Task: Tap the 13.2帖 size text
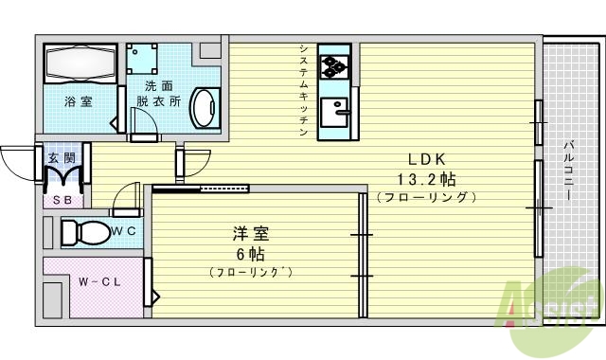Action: click(x=421, y=178)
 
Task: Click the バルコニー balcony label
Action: click(x=566, y=171)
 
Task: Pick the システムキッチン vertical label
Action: click(x=302, y=90)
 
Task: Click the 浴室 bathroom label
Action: click(x=78, y=101)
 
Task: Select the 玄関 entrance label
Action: click(x=62, y=158)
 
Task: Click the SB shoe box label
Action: click(x=62, y=200)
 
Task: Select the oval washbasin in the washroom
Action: click(x=203, y=106)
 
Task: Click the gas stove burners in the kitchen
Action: click(x=335, y=66)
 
